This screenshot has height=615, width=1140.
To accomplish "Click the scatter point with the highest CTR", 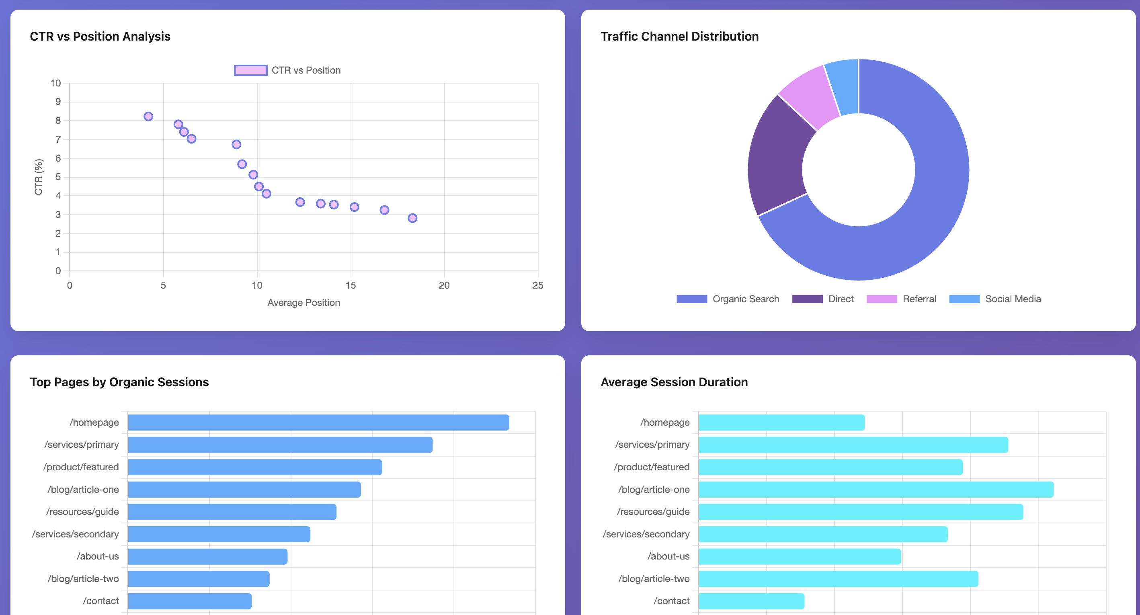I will click(x=148, y=116).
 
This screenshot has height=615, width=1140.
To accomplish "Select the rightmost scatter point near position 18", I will click(x=412, y=218).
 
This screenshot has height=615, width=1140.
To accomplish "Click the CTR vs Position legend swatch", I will click(x=250, y=70).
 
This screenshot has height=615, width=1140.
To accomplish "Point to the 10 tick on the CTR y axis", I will click(x=55, y=83).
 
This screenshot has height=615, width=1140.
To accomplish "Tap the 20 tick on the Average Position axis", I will click(x=444, y=285).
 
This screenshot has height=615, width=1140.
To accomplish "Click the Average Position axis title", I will click(x=303, y=303).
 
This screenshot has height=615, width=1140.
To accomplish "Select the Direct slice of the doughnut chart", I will click(x=777, y=155).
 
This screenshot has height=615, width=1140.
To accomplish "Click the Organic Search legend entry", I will click(x=728, y=299).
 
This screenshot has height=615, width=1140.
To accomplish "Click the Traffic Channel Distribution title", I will click(x=679, y=36).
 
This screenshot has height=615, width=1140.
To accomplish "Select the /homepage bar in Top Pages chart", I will click(x=318, y=422).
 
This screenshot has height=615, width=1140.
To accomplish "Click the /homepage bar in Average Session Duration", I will click(x=781, y=422).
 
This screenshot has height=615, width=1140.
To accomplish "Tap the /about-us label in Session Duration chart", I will click(x=668, y=556).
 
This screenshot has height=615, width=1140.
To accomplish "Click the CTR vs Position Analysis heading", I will click(x=100, y=36).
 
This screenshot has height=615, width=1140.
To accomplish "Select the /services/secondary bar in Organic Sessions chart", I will click(x=219, y=534).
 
